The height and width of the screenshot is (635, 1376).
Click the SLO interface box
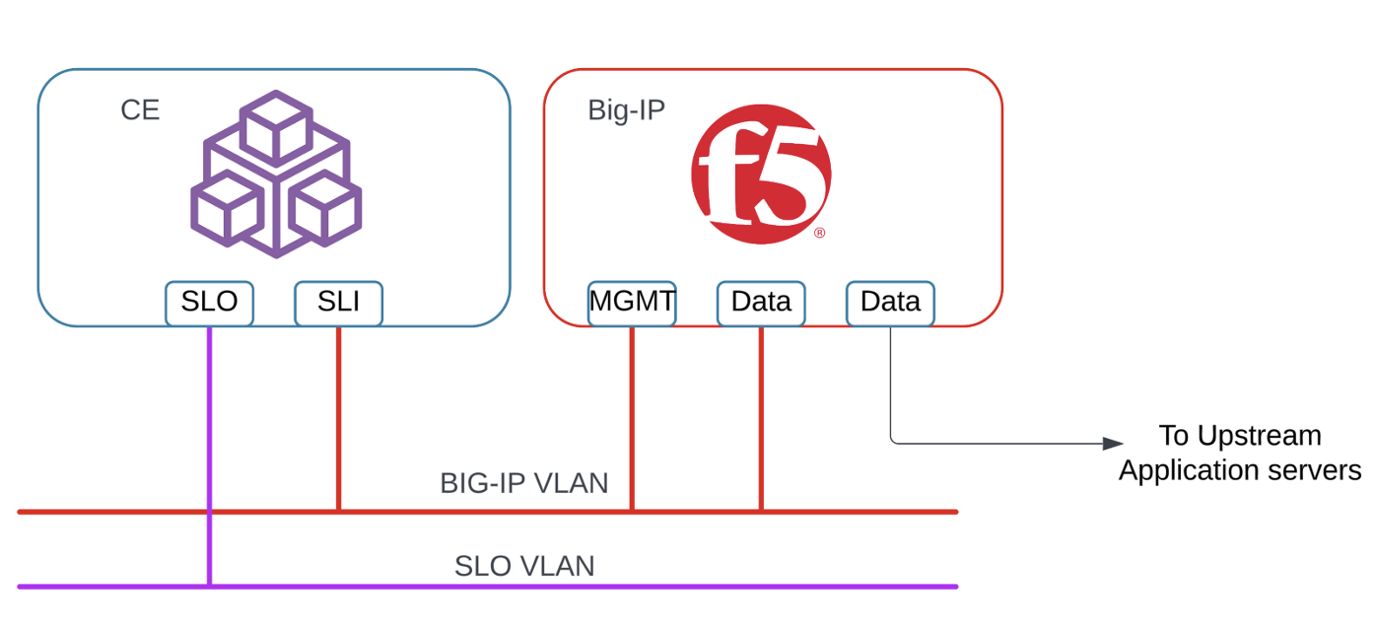(x=209, y=303)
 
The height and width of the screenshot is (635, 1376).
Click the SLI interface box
(x=338, y=303)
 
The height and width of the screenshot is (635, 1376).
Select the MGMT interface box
(x=632, y=303)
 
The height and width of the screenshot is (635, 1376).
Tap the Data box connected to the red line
(x=761, y=303)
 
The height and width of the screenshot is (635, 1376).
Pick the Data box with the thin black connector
(x=890, y=303)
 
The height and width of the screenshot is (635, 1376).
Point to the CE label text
(x=140, y=110)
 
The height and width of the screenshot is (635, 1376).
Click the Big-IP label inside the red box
(x=626, y=110)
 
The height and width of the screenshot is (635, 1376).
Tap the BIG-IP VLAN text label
(x=523, y=484)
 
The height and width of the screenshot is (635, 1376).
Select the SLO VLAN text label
(x=523, y=567)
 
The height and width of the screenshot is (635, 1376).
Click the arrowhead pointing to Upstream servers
(x=1113, y=444)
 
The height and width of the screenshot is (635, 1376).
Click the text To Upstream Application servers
(x=1239, y=453)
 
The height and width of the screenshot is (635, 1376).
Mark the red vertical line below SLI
(x=338, y=414)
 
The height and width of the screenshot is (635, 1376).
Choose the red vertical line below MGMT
(x=632, y=414)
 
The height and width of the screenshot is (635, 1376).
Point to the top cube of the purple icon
(x=276, y=126)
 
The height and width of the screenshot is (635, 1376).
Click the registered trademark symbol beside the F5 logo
(x=819, y=234)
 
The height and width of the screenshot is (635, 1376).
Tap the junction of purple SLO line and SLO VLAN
(x=209, y=587)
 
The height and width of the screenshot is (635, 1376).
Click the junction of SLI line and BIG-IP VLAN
(x=338, y=512)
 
